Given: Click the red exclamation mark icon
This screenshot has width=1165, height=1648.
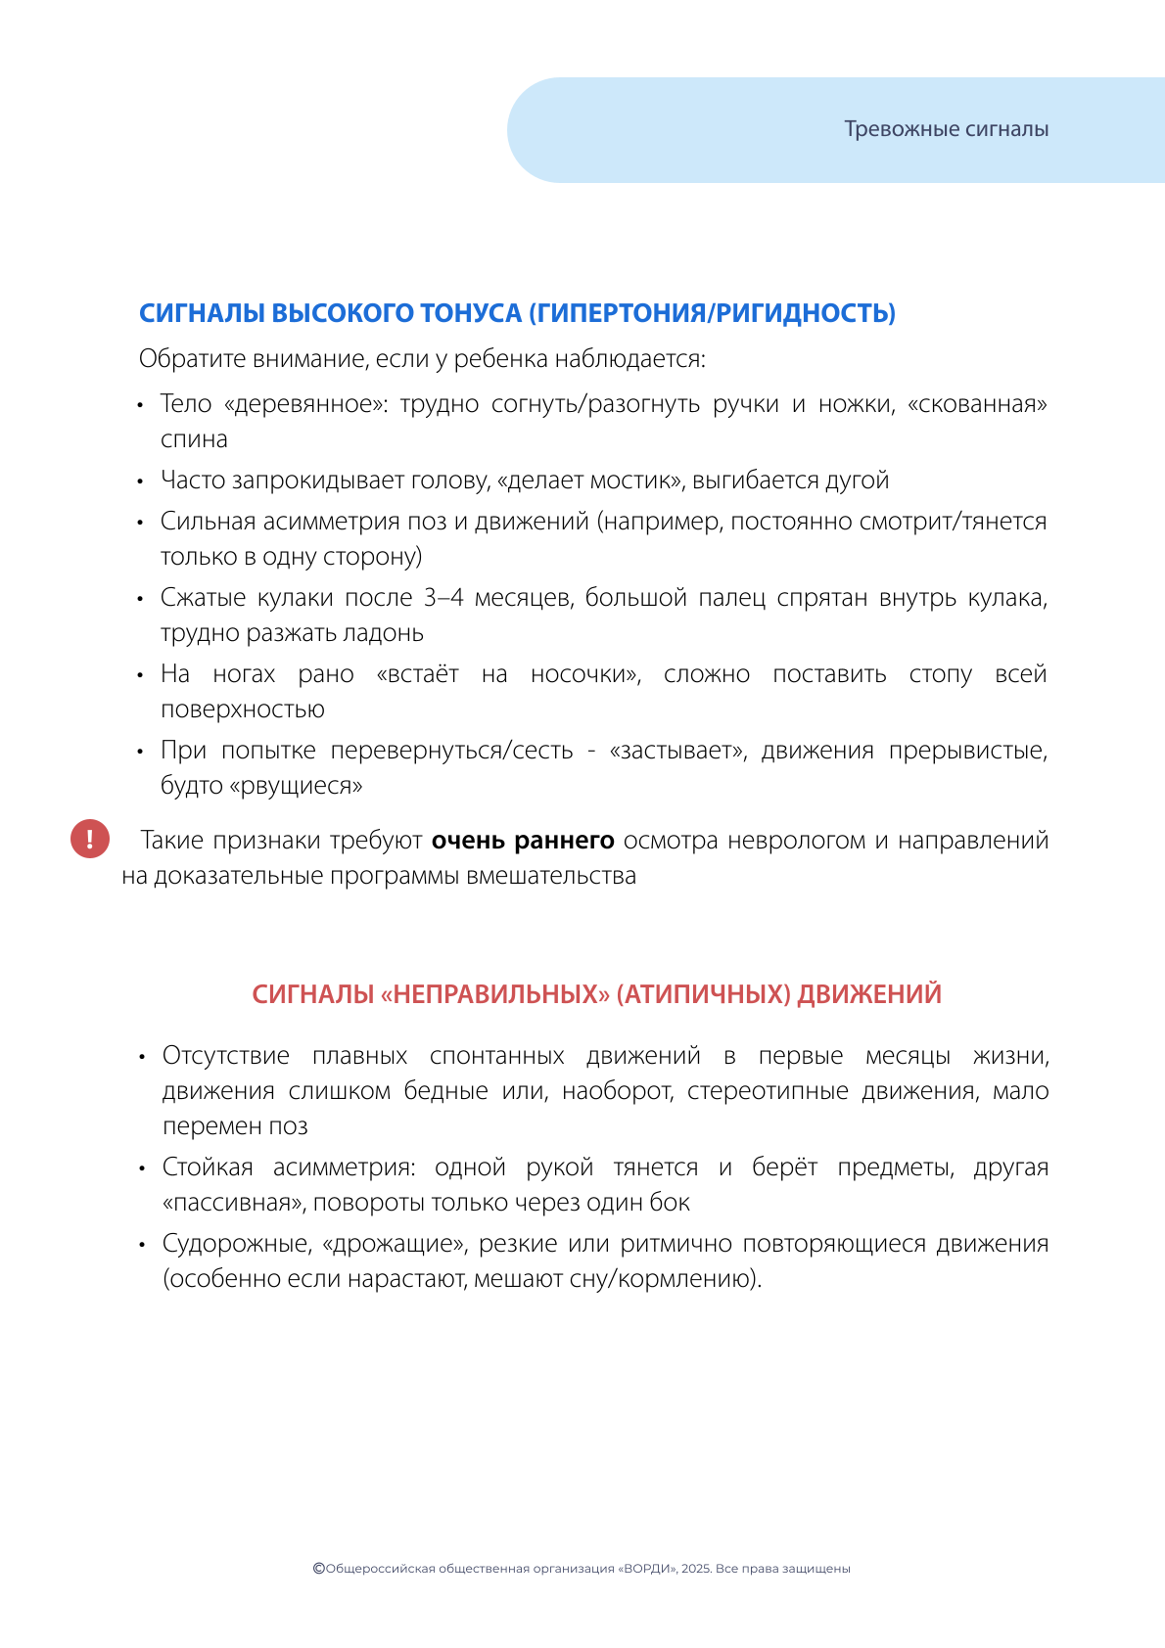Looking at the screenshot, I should pos(90,839).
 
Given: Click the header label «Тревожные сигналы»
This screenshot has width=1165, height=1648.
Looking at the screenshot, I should pos(946,129).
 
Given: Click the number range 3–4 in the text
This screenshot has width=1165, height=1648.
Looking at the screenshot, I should pos(443,598).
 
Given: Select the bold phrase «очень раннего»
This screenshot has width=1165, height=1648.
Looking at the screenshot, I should pos(523,841).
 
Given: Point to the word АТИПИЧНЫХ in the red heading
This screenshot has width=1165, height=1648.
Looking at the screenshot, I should pos(704,994).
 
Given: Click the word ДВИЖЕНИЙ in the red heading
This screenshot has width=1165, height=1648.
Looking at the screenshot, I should pos(869,994).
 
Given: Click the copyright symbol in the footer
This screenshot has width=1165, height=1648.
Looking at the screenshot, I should pos(318,1568).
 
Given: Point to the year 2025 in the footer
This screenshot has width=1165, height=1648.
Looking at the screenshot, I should pos(695,1569).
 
